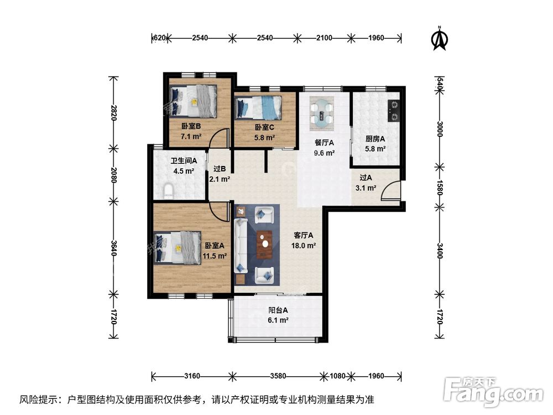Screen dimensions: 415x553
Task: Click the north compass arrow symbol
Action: coord(439,38)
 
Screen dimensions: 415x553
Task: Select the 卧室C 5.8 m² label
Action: coord(265,132)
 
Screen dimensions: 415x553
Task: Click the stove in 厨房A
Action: coord(393,110)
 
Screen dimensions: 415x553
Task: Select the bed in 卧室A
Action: coord(178,247)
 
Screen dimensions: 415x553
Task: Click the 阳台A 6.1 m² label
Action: coord(278,315)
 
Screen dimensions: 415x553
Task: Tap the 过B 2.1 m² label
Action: coord(220,174)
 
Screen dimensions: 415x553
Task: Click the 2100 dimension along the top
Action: coord(324,38)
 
